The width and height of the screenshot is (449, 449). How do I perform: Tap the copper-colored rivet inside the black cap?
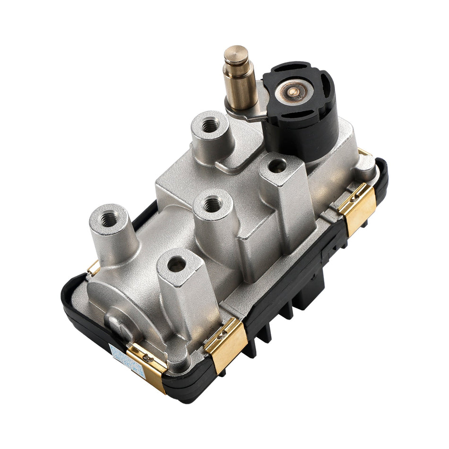[294, 92]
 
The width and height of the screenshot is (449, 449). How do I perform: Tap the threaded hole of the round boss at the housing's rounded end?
[109, 219]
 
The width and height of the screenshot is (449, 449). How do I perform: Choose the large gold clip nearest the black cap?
[357, 207]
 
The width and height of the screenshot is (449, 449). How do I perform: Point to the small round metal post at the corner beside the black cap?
[366, 164]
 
